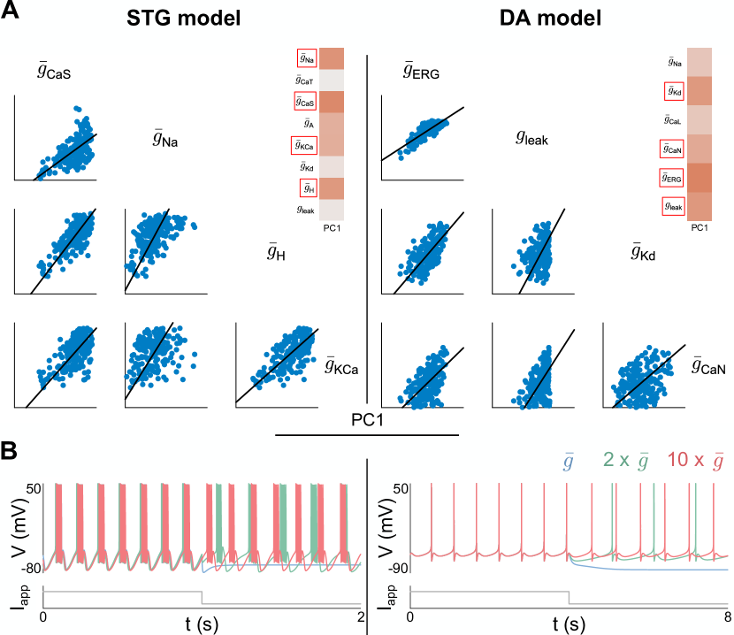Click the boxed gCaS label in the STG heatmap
306,102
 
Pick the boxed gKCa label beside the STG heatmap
306,145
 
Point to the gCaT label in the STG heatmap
306,80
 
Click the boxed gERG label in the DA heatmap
675,179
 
